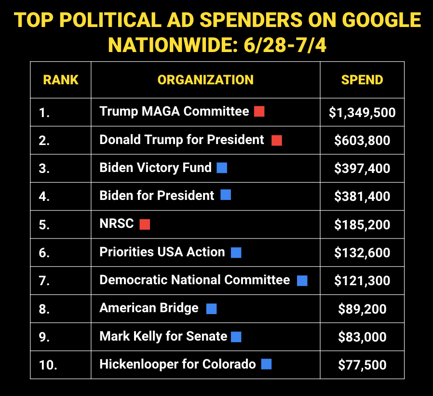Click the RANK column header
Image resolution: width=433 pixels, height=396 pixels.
[61, 80]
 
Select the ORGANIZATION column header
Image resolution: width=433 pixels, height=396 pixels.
[205, 80]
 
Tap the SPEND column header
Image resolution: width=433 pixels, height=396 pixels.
[362, 80]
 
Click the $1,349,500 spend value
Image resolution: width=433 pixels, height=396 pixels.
[362, 113]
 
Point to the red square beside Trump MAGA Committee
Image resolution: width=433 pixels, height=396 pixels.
[259, 112]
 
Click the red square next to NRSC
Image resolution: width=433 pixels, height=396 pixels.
[145, 224]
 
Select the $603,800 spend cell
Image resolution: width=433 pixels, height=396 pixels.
[362, 141]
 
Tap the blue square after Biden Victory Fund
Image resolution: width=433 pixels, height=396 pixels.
[222, 168]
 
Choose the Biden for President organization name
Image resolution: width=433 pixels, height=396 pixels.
[157, 196]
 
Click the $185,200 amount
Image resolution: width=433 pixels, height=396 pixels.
[362, 224]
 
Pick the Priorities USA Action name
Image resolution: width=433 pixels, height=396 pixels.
[162, 252]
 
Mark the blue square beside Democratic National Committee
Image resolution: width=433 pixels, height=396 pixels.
[302, 280]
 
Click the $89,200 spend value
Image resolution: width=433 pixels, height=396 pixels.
[362, 308]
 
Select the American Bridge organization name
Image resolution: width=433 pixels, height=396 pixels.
[149, 308]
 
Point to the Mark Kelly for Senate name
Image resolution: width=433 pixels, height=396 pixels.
[163, 336]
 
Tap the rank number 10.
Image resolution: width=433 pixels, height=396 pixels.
[48, 365]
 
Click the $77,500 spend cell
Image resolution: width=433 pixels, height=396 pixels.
[362, 365]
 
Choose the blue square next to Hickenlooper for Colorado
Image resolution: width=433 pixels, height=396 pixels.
[266, 364]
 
